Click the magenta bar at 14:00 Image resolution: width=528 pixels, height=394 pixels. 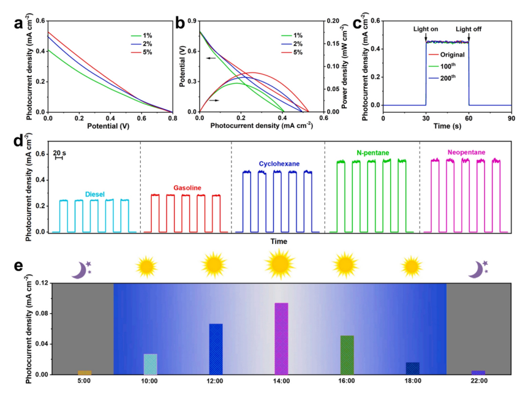pyautogui.click(x=281, y=338)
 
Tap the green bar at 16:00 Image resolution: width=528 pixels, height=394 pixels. pyautogui.click(x=347, y=355)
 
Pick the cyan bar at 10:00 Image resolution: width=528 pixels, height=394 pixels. pyautogui.click(x=150, y=364)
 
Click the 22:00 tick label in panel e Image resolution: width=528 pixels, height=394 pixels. pyautogui.click(x=478, y=381)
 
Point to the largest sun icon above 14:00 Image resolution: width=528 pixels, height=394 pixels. pyautogui.click(x=280, y=264)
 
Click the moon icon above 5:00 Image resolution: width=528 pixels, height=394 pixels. pyautogui.click(x=81, y=269)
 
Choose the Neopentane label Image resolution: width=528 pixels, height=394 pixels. pyautogui.click(x=466, y=151)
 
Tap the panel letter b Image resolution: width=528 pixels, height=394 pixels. pyautogui.click(x=180, y=23)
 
